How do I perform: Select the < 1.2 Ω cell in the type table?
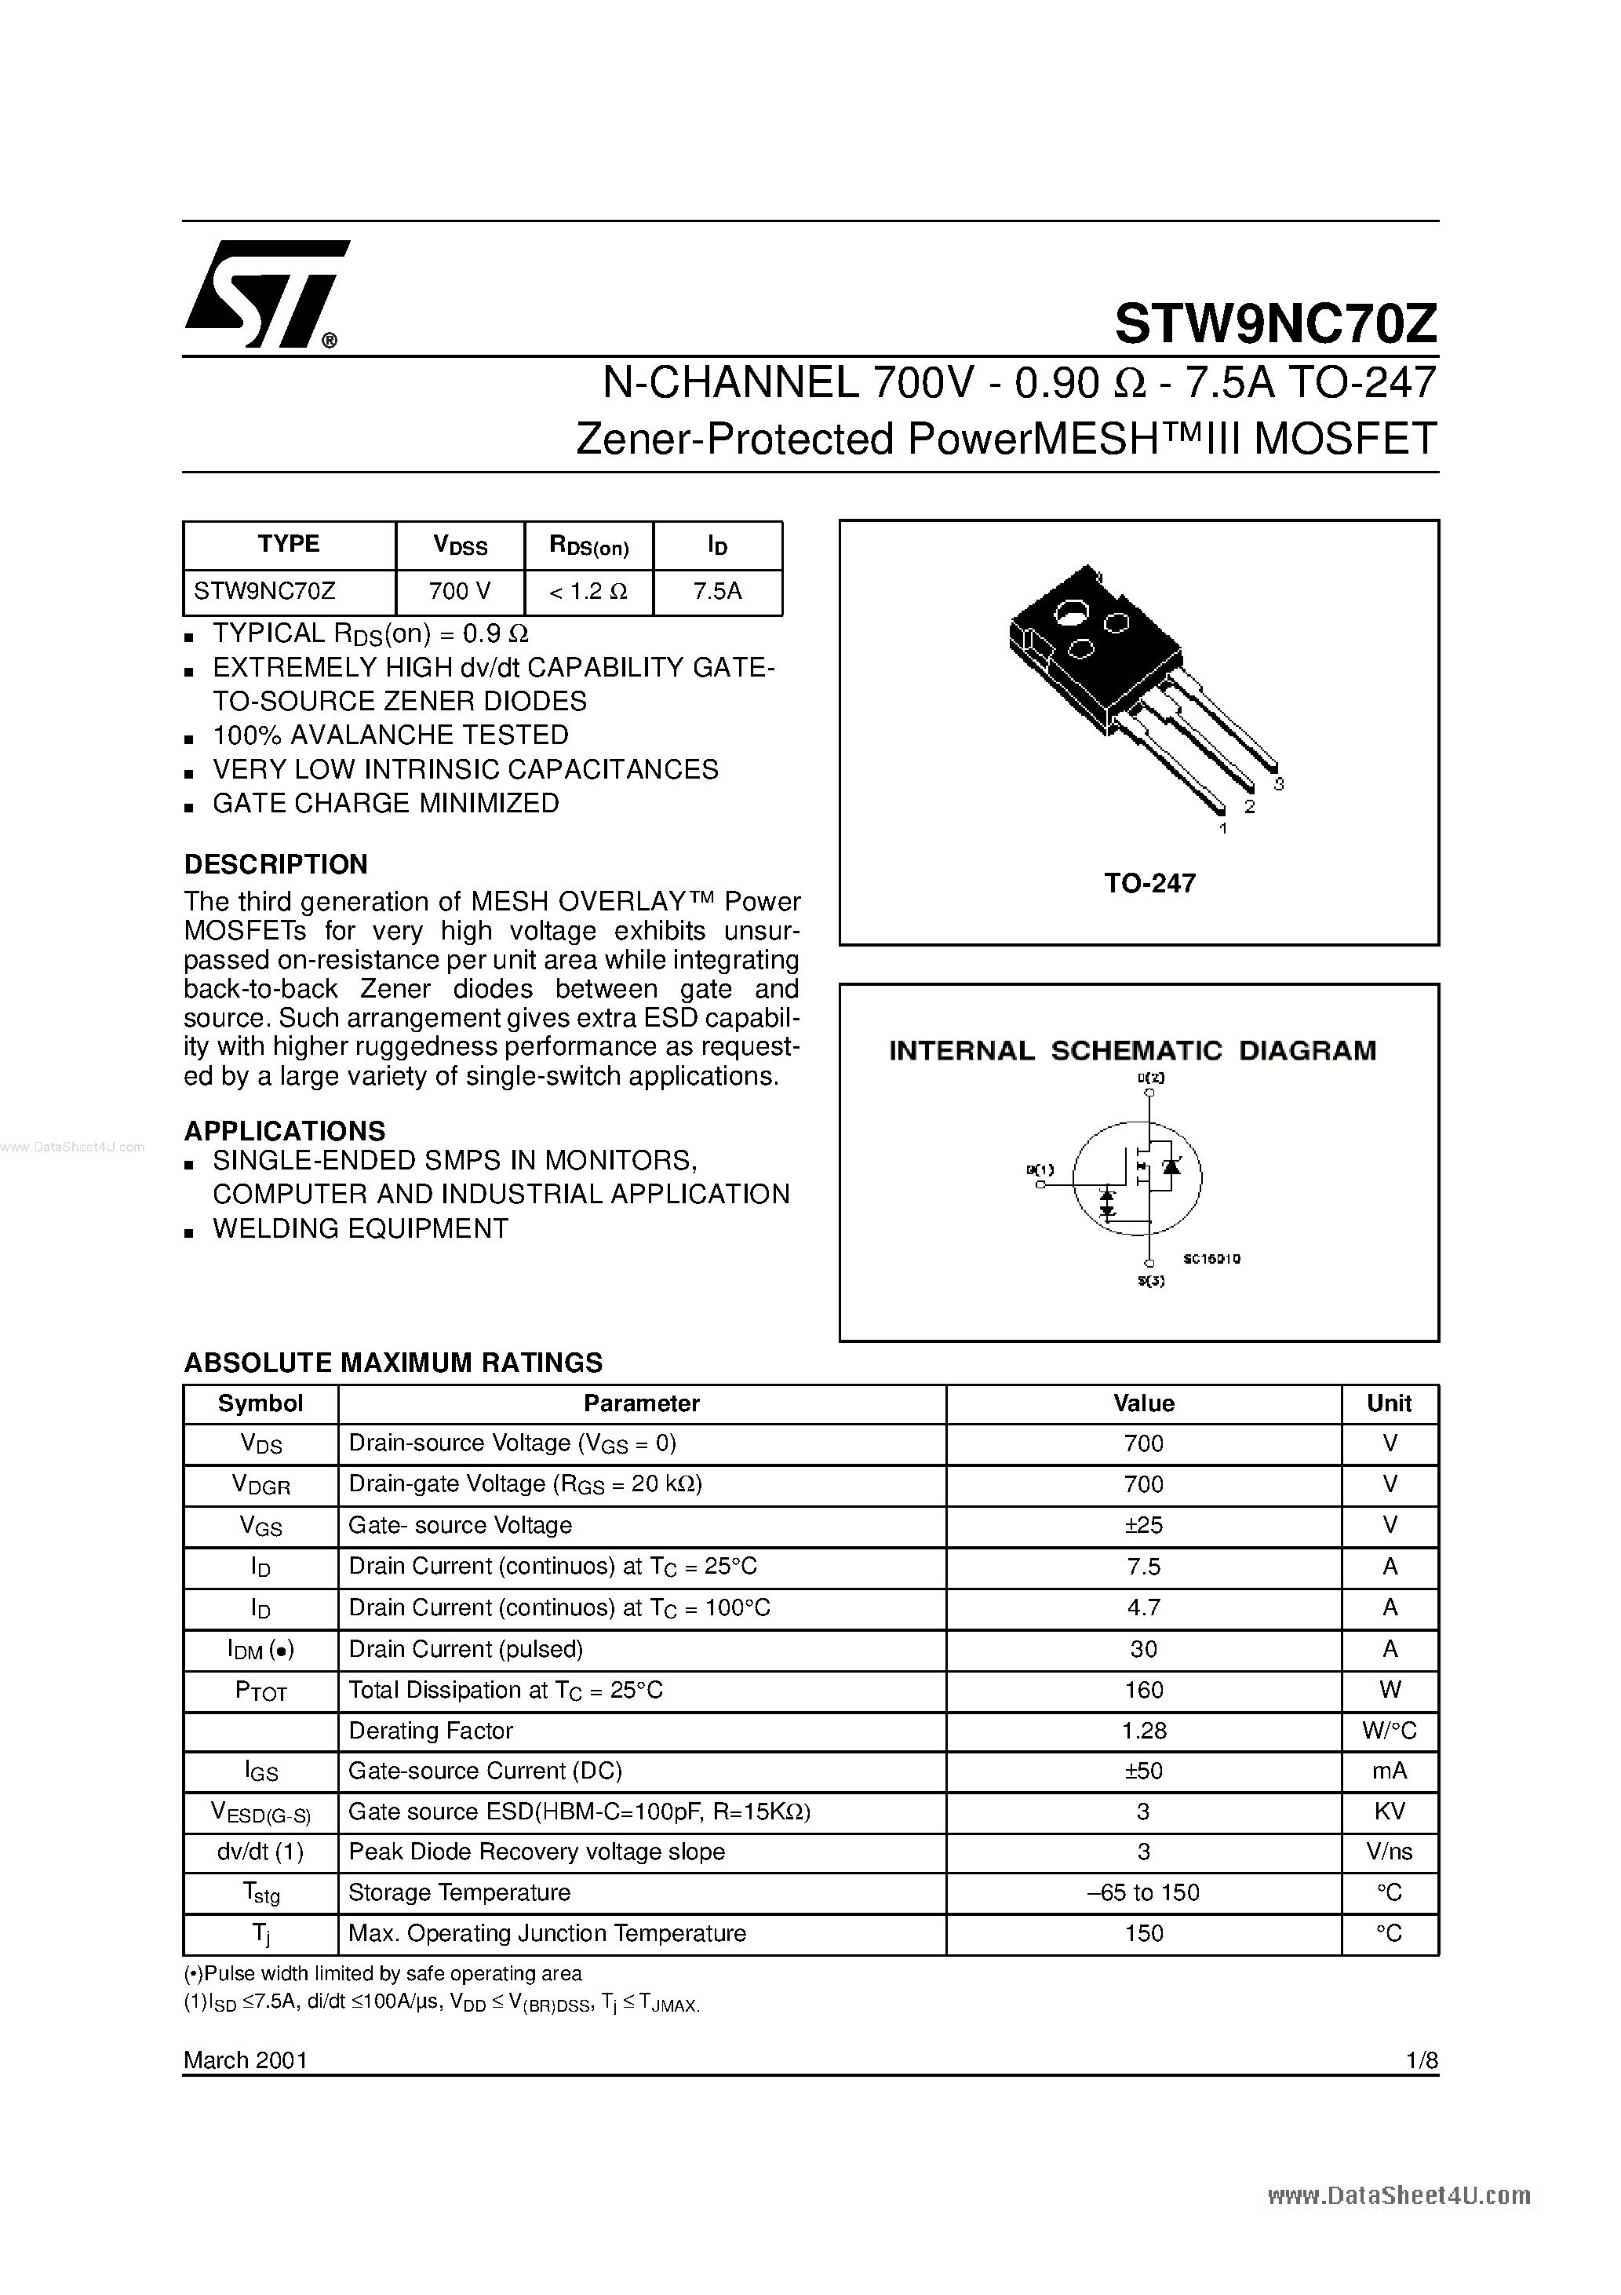(x=588, y=591)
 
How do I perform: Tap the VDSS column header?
(x=460, y=545)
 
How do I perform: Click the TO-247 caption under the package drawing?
(x=1149, y=884)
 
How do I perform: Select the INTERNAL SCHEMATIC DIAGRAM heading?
(x=1132, y=1050)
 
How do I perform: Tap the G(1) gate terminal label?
(x=1040, y=1169)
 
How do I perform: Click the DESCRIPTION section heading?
(x=276, y=863)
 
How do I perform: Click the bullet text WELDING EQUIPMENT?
(x=360, y=1228)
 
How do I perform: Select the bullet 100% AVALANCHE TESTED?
(x=390, y=735)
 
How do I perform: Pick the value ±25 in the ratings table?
(x=1143, y=1525)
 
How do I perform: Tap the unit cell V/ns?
(x=1389, y=1852)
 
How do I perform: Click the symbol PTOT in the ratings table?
(x=260, y=1691)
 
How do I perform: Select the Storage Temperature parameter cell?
(x=459, y=1893)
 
